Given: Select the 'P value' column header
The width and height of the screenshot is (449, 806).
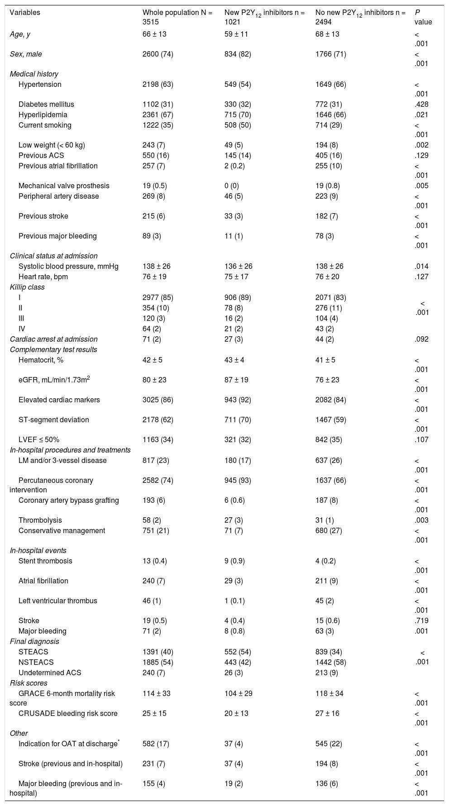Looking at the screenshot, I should tap(424, 17).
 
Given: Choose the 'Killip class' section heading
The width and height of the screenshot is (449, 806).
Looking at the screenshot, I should tap(27, 287).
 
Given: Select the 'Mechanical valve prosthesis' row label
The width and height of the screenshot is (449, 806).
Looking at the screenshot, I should tap(64, 186).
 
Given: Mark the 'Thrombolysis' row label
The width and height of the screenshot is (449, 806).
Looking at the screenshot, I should tap(40, 520).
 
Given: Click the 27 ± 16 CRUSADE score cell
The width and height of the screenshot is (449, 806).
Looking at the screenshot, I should tap(327, 714).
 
